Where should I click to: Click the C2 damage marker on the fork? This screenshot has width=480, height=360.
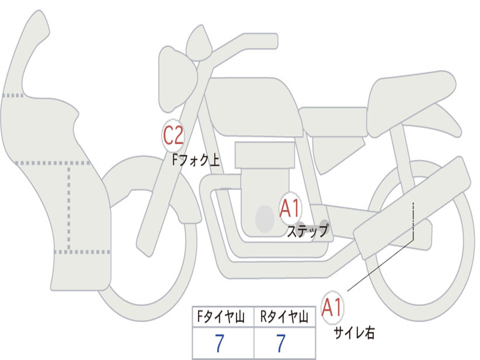[173, 135]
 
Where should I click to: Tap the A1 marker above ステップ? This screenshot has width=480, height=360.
[290, 209]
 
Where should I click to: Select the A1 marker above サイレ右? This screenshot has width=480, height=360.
[332, 307]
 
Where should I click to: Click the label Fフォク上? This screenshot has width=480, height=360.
[196, 160]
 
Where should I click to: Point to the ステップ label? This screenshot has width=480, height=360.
[307, 231]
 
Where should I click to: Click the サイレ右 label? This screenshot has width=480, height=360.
[354, 333]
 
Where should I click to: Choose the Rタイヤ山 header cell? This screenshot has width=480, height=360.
[285, 316]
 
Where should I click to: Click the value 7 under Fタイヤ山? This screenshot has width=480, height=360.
[219, 343]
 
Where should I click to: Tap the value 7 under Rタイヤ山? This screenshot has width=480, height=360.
[281, 343]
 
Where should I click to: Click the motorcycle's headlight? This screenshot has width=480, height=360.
[176, 79]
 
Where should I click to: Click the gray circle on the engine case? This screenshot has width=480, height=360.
[265, 218]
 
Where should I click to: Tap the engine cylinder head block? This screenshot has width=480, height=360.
[264, 155]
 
